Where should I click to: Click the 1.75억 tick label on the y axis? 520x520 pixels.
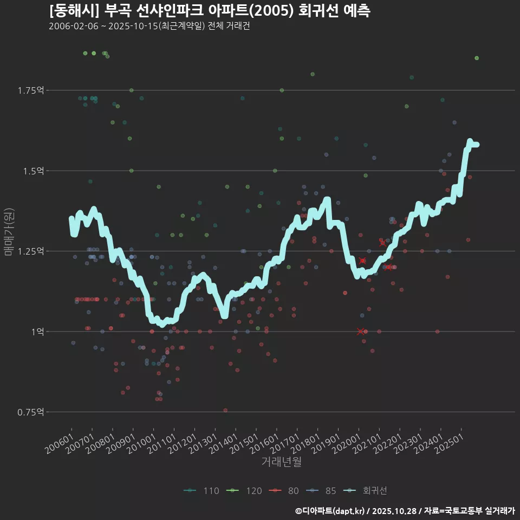point(30,90)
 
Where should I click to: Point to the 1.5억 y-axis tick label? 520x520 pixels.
point(33,171)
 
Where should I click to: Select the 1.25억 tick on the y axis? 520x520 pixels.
point(30,251)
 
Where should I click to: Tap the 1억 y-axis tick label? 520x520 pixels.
point(37,331)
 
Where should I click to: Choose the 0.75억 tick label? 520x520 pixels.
point(30,412)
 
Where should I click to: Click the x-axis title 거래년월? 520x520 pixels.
point(281,462)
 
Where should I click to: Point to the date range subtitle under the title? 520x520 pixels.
point(149,27)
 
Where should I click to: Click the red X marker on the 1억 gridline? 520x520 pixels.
point(361,331)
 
